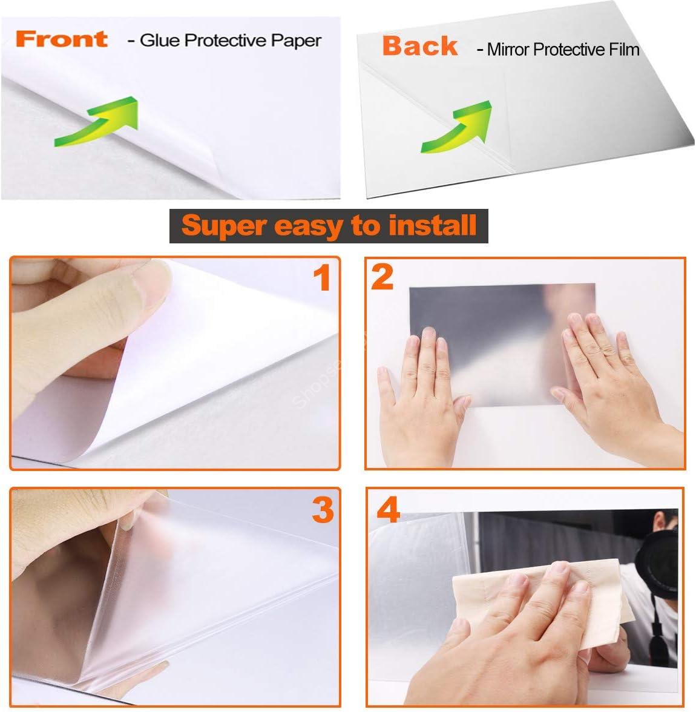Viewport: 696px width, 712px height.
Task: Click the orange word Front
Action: click(x=62, y=39)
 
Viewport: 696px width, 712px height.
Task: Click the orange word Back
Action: click(x=420, y=46)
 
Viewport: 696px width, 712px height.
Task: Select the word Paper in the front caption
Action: click(x=296, y=41)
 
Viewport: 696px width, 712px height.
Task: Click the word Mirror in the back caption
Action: click(x=508, y=50)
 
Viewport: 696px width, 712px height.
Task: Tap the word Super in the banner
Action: click(x=223, y=226)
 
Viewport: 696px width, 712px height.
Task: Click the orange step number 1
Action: click(x=322, y=279)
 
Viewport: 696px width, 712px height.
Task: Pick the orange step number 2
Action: click(x=382, y=277)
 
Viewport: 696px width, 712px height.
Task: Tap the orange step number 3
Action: click(x=323, y=510)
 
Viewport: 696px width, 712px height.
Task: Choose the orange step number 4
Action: click(x=388, y=510)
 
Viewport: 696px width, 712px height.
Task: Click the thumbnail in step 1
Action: click(x=154, y=284)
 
